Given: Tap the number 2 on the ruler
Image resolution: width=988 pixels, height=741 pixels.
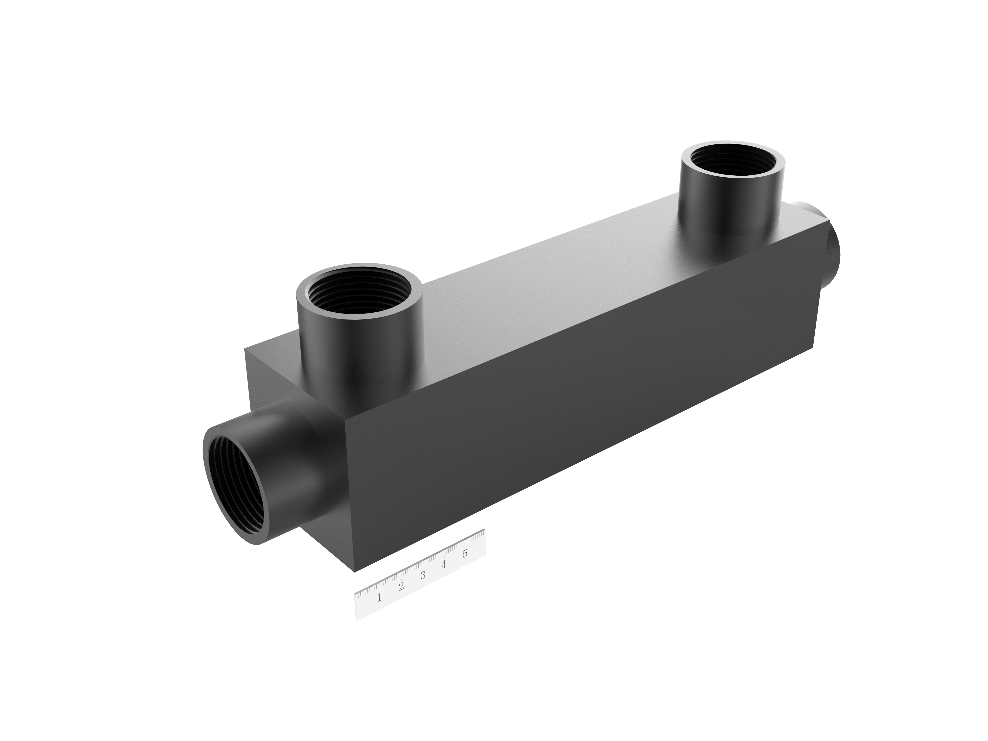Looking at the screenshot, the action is click(401, 586).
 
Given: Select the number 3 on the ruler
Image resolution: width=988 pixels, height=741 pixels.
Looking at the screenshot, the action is click(423, 575).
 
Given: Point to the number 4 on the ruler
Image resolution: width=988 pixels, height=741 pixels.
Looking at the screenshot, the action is click(444, 564).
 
